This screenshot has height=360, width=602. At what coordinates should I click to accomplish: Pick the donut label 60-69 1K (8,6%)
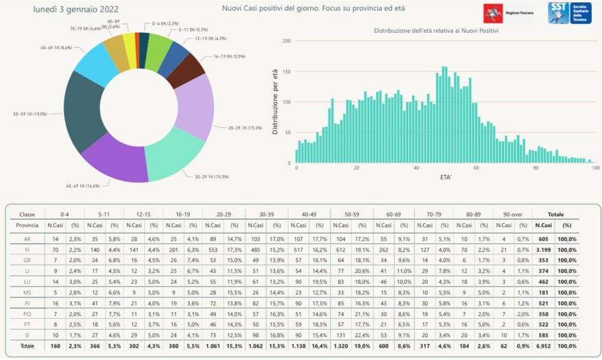tap(57, 48)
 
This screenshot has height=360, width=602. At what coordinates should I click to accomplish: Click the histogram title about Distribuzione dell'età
tap(435, 32)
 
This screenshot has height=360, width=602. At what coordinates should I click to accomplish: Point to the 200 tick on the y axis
tap(287, 41)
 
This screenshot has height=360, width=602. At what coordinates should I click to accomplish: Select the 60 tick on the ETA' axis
tap(477, 167)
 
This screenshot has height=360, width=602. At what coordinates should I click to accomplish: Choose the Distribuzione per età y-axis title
tap(276, 103)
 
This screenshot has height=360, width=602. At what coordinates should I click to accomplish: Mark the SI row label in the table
tap(25, 335)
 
